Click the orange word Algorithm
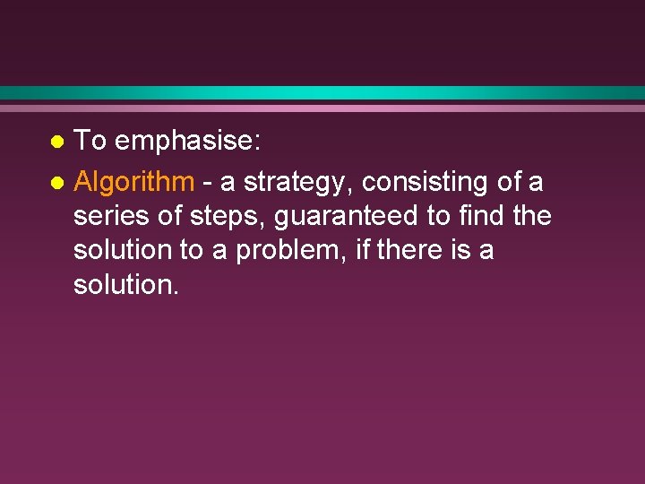(134, 182)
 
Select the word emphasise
(188, 142)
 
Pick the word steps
(239, 216)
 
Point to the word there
(409, 250)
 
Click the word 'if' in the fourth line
(362, 250)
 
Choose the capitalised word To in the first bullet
(91, 142)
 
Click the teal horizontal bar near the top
(322, 92)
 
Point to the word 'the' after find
(532, 216)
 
